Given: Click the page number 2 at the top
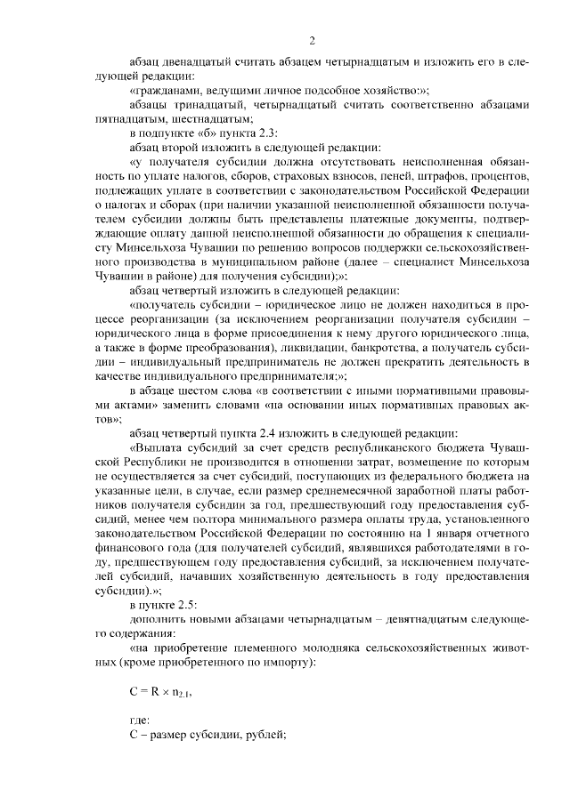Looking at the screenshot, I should coord(312,40).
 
